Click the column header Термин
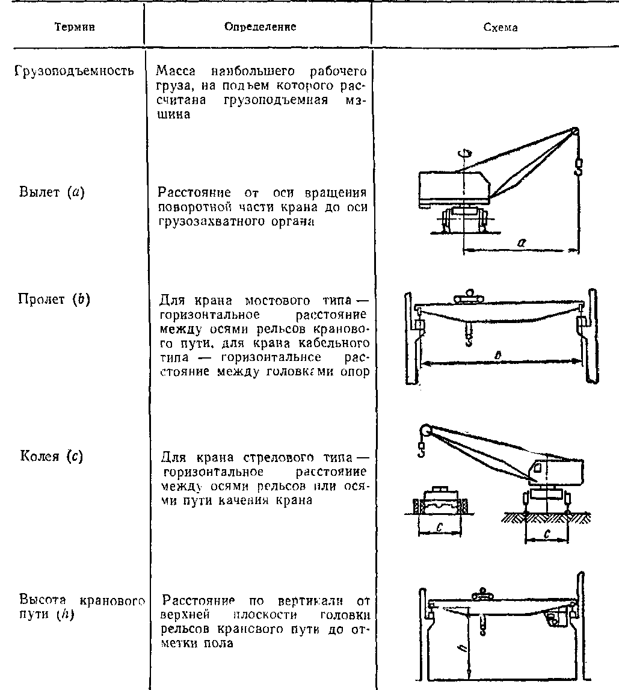75,28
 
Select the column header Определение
260,27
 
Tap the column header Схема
500,28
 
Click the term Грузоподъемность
73,71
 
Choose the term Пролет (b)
54,299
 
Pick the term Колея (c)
51,455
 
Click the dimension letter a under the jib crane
522,241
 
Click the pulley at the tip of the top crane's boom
576,132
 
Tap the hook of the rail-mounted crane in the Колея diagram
421,449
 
